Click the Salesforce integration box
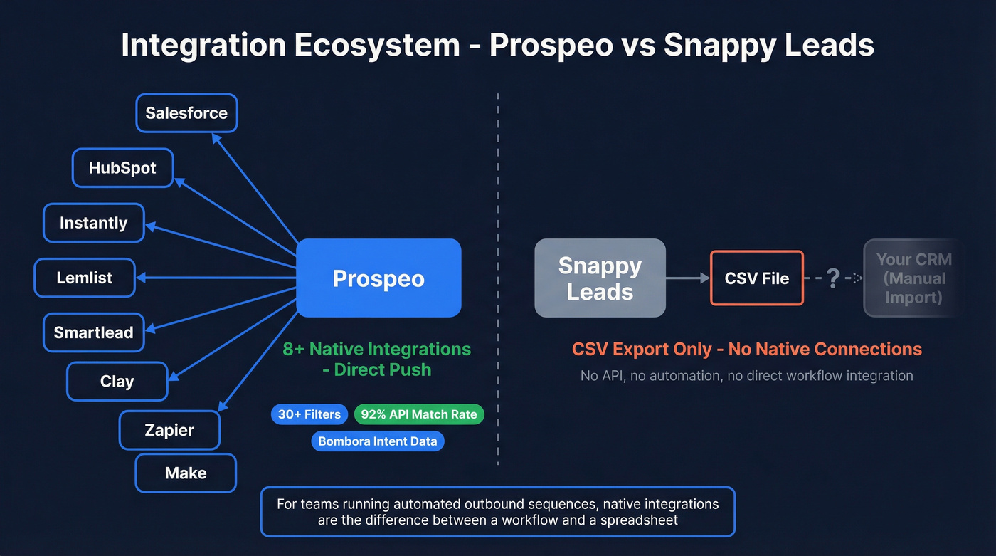(186, 113)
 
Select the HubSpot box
(122, 168)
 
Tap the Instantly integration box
(94, 223)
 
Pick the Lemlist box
(85, 278)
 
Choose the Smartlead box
(94, 332)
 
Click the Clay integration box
(117, 382)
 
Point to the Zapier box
(169, 430)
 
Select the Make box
(186, 473)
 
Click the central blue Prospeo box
(378, 278)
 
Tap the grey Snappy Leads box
(600, 278)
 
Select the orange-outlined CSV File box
(756, 278)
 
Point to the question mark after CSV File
(833, 278)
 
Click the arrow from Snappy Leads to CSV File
(688, 278)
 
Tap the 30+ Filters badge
(309, 414)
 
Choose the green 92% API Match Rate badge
(418, 414)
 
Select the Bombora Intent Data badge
(377, 441)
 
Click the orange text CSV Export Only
(642, 349)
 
